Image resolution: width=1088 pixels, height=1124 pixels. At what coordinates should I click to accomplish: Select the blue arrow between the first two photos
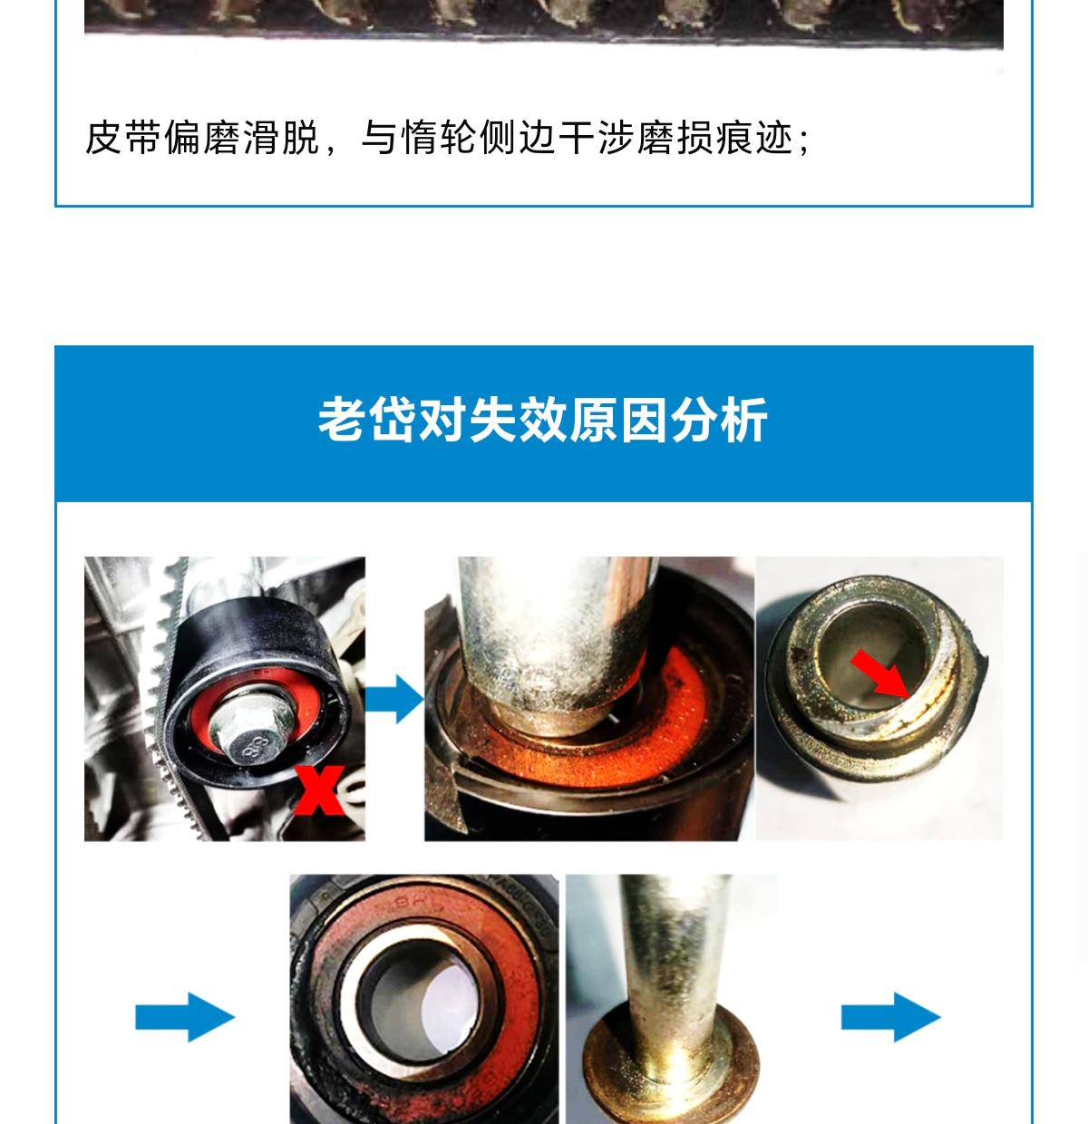pyautogui.click(x=394, y=699)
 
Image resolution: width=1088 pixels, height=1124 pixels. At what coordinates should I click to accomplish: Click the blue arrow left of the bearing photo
pyautogui.click(x=185, y=1017)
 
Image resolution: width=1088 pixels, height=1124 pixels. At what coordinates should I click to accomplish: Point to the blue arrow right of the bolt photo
pyautogui.click(x=891, y=1017)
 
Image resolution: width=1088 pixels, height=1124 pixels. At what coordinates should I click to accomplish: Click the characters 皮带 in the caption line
pyautogui.click(x=123, y=138)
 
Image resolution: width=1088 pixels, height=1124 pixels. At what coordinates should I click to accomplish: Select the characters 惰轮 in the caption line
pyautogui.click(x=439, y=138)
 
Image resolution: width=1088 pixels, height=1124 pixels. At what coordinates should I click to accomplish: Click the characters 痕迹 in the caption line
pyautogui.click(x=754, y=138)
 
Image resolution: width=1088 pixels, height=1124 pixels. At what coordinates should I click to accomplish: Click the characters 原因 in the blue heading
pyautogui.click(x=618, y=421)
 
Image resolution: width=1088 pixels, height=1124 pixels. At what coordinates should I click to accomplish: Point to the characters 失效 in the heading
pyautogui.click(x=519, y=421)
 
